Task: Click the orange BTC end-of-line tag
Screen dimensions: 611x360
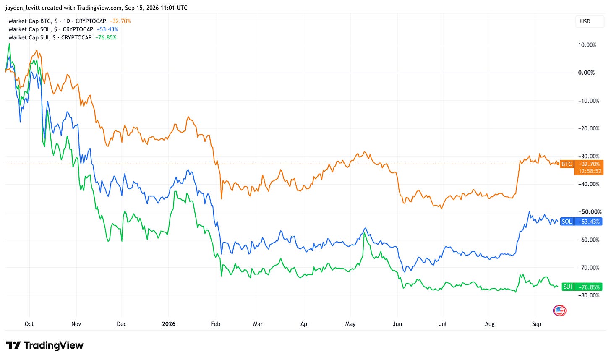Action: point(566,164)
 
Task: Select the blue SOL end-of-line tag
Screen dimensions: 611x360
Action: point(567,222)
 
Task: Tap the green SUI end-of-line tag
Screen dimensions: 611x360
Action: point(567,287)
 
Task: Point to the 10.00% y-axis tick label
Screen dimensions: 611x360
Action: point(587,45)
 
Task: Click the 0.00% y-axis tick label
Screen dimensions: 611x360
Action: point(587,73)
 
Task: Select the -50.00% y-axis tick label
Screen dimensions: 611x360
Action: point(590,212)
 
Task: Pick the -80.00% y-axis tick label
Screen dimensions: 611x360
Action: point(589,296)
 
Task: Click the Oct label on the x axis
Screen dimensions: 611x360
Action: point(29,324)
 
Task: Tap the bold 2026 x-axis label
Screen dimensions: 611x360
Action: point(169,324)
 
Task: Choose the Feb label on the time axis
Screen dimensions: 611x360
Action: point(216,324)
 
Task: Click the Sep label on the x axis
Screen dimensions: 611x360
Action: point(537,324)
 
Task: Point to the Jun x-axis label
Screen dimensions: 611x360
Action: point(397,324)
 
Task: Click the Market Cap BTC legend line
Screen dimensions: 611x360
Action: point(70,21)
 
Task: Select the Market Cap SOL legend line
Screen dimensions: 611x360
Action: point(63,29)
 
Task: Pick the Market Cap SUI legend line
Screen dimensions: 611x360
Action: point(63,38)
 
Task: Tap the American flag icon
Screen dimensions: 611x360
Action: point(559,310)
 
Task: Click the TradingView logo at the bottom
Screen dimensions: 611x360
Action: point(44,346)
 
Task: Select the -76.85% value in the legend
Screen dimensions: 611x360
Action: point(106,38)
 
